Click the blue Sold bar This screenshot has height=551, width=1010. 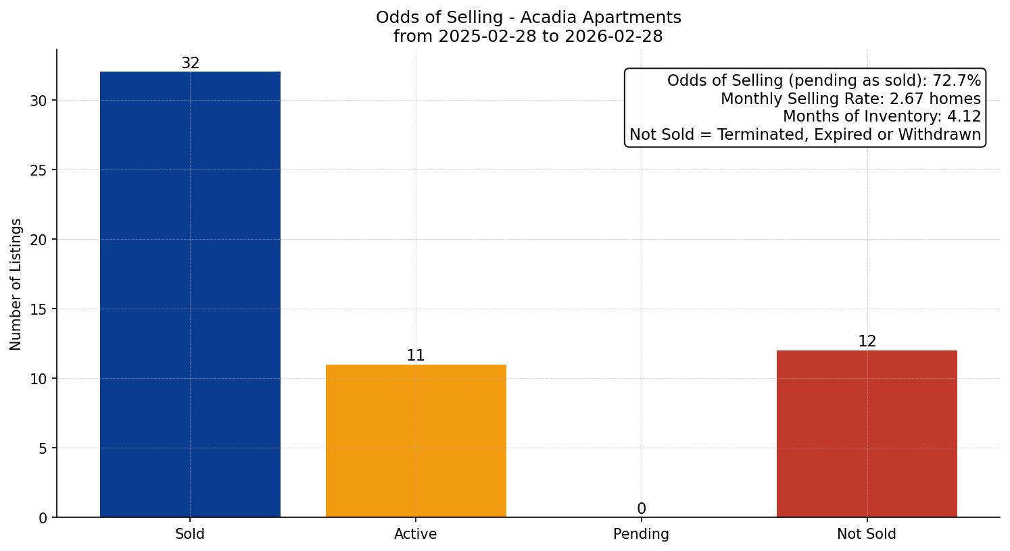click(x=190, y=294)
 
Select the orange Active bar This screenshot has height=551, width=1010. click(x=416, y=440)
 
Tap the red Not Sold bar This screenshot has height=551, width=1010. click(x=867, y=434)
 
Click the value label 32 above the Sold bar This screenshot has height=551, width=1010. click(x=190, y=63)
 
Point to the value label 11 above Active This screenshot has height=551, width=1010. click(x=416, y=356)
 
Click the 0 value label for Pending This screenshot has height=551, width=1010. click(x=641, y=509)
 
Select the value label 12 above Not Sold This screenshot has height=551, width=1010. click(x=867, y=342)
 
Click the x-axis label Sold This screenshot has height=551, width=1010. click(x=190, y=534)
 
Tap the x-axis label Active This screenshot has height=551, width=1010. click(x=416, y=534)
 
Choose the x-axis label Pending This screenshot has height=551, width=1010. click(x=641, y=534)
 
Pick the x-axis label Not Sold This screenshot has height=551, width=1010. click(x=867, y=534)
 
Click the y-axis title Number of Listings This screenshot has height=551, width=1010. click(x=16, y=284)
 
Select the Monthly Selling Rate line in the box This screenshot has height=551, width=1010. click(x=850, y=99)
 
